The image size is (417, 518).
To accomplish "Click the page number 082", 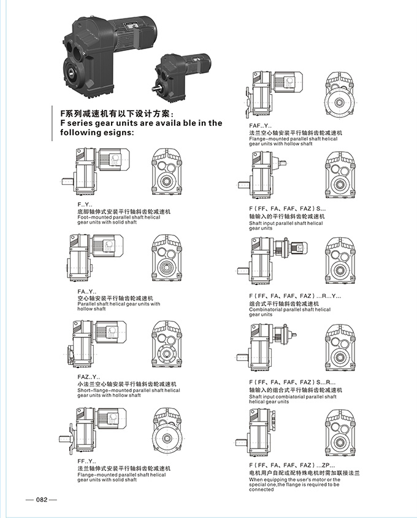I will click(x=42, y=500).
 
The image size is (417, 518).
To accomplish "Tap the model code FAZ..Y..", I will click(x=88, y=376).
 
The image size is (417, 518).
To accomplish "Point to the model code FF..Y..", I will click(x=86, y=461).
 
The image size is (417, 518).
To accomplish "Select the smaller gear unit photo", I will click(x=183, y=73).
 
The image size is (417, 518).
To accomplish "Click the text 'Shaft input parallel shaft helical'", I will click(x=286, y=223).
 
